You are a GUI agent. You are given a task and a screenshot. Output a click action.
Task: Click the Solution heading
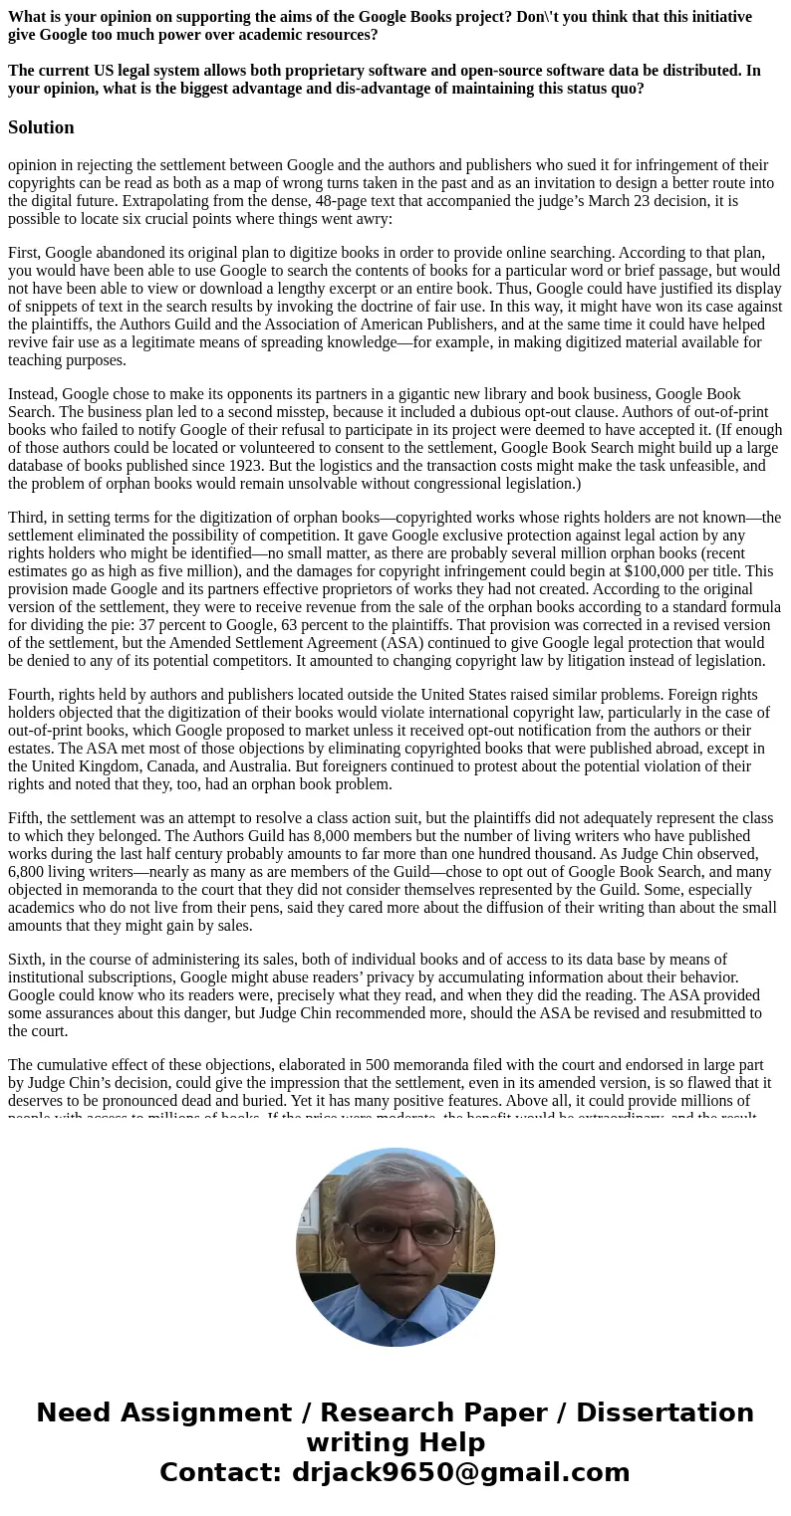[x=41, y=127]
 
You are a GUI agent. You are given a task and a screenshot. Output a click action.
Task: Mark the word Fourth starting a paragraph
[x=32, y=695]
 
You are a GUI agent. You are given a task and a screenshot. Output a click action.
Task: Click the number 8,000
[x=305, y=836]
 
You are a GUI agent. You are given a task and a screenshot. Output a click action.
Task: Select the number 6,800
[x=30, y=872]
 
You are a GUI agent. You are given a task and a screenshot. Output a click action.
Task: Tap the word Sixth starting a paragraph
[x=28, y=960]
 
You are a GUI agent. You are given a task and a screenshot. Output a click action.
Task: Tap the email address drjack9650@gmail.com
[x=460, y=1473]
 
